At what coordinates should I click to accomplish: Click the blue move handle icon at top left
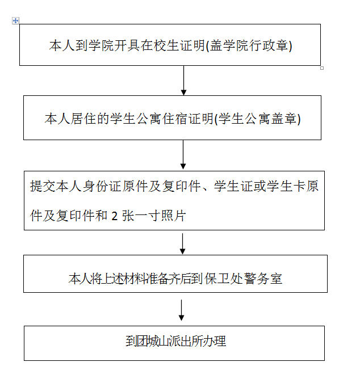tap(15, 21)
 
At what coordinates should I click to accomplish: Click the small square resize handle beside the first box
tap(322, 68)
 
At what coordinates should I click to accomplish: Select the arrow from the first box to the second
tap(183, 81)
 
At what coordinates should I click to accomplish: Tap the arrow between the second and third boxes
tap(183, 154)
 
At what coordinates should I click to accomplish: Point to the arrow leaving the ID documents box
tap(182, 243)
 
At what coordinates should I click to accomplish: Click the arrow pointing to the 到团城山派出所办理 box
tap(181, 310)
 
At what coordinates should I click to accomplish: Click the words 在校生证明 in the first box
tap(173, 45)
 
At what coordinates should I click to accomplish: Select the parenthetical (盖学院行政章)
tap(249, 45)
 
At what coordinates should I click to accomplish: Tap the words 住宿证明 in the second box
tap(188, 119)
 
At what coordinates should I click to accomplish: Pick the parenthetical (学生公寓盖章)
tap(258, 119)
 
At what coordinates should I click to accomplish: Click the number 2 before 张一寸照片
tap(114, 216)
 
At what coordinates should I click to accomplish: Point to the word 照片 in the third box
tap(173, 216)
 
